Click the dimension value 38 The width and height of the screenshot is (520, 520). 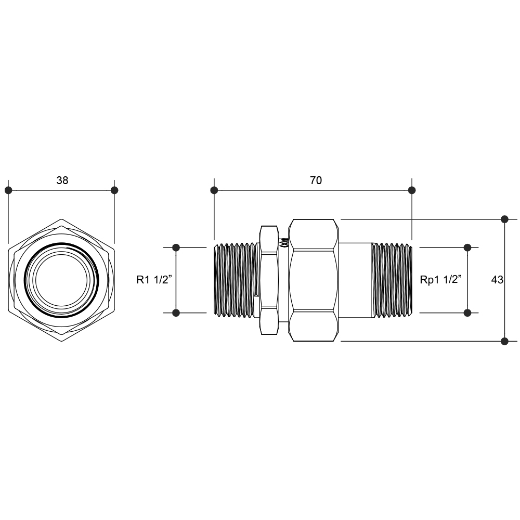62,180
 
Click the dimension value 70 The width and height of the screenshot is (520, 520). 316,180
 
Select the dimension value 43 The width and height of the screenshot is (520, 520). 497,280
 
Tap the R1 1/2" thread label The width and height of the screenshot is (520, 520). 154,280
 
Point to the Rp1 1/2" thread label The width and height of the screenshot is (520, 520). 441,280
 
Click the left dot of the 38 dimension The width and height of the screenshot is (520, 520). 8,190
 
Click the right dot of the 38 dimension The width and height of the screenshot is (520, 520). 114,190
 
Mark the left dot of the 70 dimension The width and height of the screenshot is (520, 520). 214,190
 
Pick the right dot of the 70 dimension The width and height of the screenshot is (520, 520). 412,190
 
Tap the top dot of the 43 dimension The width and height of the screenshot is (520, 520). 505,219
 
